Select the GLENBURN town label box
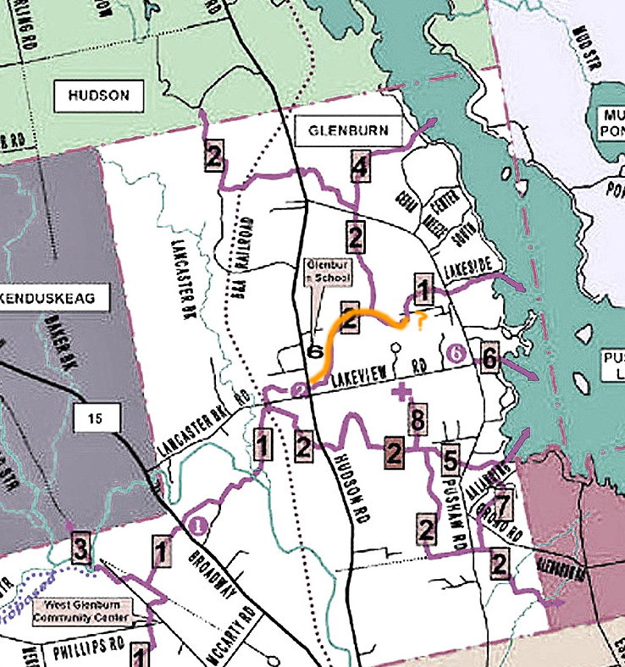(x=349, y=131)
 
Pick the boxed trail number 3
(x=80, y=549)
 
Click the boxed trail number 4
(x=360, y=167)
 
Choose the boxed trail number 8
(x=416, y=419)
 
